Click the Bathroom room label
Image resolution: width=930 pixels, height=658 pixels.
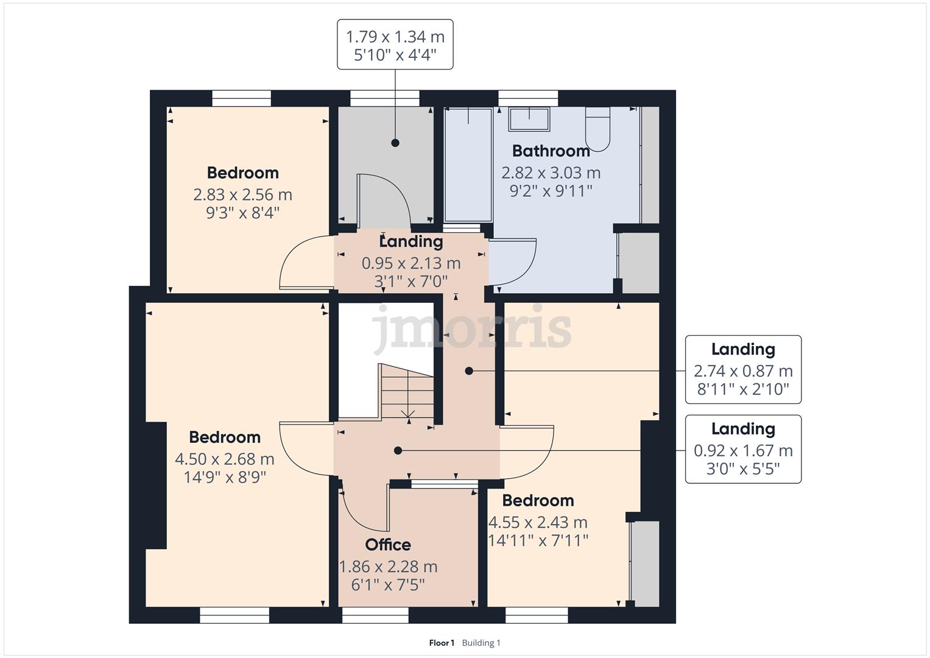point(551,151)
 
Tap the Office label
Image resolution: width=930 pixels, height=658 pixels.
point(388,545)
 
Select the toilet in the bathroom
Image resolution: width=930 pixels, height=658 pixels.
point(597,129)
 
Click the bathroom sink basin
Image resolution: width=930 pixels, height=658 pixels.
point(529,119)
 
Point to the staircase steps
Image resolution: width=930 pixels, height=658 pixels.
point(407,391)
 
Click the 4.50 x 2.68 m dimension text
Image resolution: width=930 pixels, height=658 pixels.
point(225,459)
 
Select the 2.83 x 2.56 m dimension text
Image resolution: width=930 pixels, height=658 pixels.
point(243,194)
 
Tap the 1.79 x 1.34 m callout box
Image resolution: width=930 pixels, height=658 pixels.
point(395,44)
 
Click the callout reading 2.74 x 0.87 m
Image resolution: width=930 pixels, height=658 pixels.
point(743,369)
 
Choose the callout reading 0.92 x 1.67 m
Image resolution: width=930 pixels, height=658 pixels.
point(743,449)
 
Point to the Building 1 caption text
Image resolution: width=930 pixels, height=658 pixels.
point(481,643)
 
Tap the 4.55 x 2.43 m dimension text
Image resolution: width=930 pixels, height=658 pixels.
point(538,522)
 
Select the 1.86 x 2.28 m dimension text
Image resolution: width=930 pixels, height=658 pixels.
point(388,567)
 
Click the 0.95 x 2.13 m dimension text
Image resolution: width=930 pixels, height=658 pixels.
point(411,263)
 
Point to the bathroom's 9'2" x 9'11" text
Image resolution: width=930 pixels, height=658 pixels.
point(551,191)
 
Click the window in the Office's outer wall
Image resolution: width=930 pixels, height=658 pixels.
point(375,615)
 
